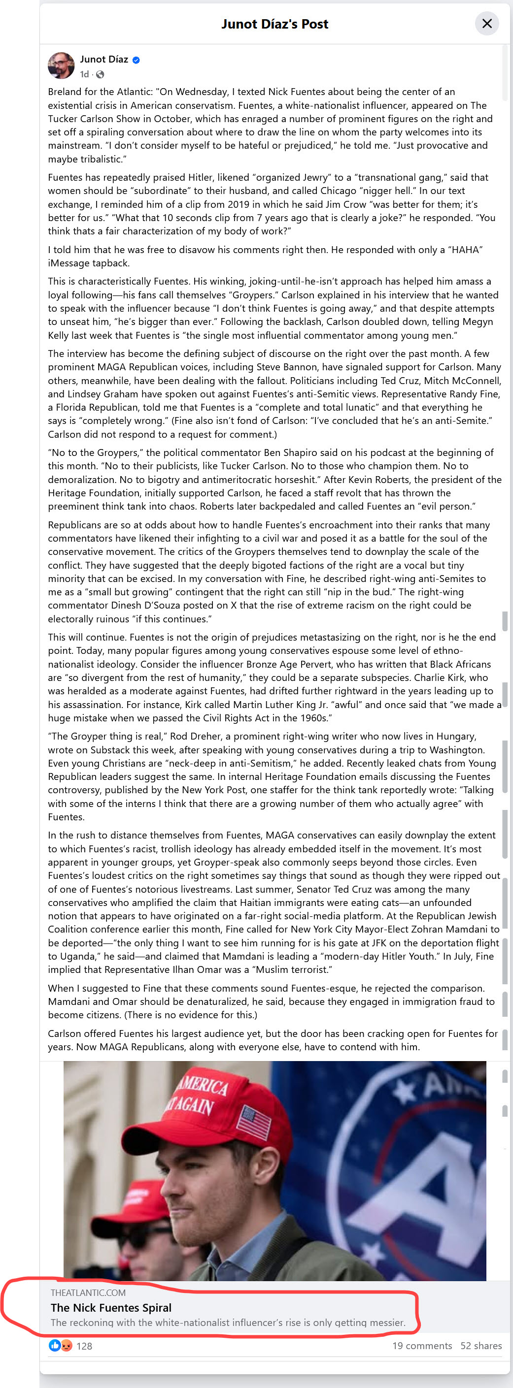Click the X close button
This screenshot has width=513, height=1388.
tap(486, 24)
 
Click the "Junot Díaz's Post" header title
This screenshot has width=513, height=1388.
tap(274, 24)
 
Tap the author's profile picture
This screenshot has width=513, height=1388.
tap(61, 66)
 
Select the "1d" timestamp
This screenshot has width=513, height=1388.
tap(84, 74)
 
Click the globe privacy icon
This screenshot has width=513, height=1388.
tap(100, 74)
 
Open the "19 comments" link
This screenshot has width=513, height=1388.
tap(422, 1346)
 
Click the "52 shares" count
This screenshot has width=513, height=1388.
tap(480, 1346)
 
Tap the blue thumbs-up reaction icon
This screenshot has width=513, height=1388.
tap(55, 1346)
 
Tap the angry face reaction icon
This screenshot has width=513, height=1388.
tap(66, 1346)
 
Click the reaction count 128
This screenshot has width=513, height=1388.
tap(84, 1346)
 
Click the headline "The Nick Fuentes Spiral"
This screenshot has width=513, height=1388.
tap(111, 1308)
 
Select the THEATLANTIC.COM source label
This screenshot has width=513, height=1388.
tap(88, 1292)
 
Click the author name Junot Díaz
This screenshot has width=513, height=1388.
tap(104, 59)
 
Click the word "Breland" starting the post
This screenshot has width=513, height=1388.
tap(65, 92)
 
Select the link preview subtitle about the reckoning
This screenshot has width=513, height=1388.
tap(228, 1322)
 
